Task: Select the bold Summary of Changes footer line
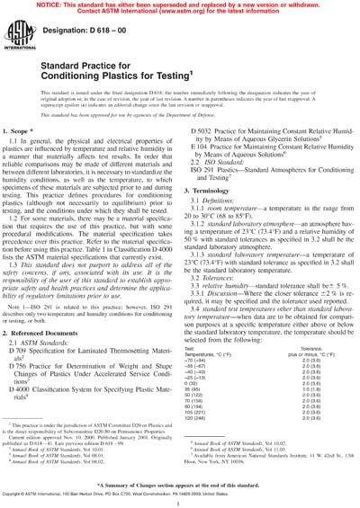[x=180, y=484]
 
